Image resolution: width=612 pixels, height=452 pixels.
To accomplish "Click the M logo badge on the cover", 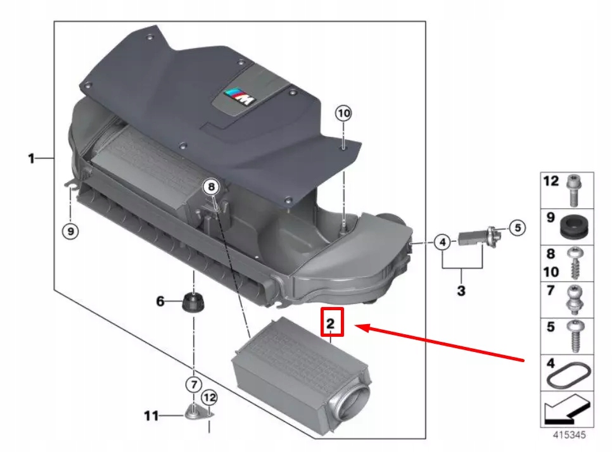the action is click(239, 97).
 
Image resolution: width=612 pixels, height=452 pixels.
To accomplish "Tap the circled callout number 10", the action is click(343, 113).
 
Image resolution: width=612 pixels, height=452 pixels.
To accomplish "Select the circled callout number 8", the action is click(211, 187).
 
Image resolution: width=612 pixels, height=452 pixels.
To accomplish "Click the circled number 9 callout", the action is click(70, 231).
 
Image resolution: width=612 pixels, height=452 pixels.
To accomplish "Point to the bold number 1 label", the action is click(31, 158).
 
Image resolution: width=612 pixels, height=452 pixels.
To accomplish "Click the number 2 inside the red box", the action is click(331, 323).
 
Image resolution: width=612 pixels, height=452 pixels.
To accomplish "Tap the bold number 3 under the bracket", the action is click(461, 291).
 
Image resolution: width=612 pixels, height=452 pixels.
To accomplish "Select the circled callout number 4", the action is click(442, 242).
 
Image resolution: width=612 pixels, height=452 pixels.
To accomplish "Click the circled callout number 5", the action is click(518, 227).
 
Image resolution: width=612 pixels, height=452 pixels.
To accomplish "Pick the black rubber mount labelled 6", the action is click(194, 301).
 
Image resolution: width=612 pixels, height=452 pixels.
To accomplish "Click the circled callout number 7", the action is click(194, 385).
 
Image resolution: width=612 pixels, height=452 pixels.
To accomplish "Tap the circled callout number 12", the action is click(209, 398).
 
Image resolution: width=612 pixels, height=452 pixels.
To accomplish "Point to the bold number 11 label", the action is click(151, 416).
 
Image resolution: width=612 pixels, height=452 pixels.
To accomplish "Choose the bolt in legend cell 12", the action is click(574, 191).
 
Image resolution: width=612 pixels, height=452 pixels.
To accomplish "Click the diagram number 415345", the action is click(570, 434).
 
